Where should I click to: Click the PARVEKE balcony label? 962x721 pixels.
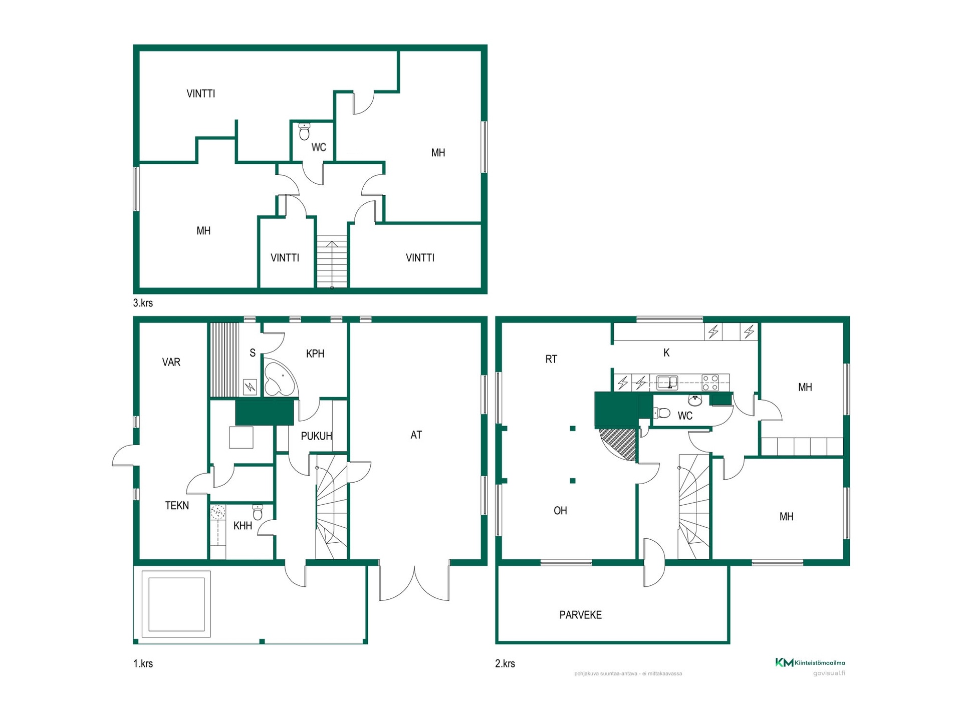point(580,615)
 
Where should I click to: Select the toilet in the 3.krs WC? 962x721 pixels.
point(304,132)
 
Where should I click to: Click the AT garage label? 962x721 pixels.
point(416,435)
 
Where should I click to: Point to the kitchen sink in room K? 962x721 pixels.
point(667,383)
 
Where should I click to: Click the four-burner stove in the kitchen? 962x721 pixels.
point(710,383)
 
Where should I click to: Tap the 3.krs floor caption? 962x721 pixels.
point(143,303)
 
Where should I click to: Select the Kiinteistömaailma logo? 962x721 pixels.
point(810,662)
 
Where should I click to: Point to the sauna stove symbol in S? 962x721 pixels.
point(250,387)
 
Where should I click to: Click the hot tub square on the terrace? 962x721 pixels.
point(176,604)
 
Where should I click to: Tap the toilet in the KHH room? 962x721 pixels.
point(258,512)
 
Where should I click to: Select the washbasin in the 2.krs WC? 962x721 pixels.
point(695,400)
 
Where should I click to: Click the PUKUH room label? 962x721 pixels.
point(316,436)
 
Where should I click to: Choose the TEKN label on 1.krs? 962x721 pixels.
point(177,506)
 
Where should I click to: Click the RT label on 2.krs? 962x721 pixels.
point(551,359)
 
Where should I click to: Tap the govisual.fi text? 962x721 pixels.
point(829,673)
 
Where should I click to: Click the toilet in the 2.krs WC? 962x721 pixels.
point(662,413)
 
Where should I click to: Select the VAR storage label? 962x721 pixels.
point(171,362)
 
